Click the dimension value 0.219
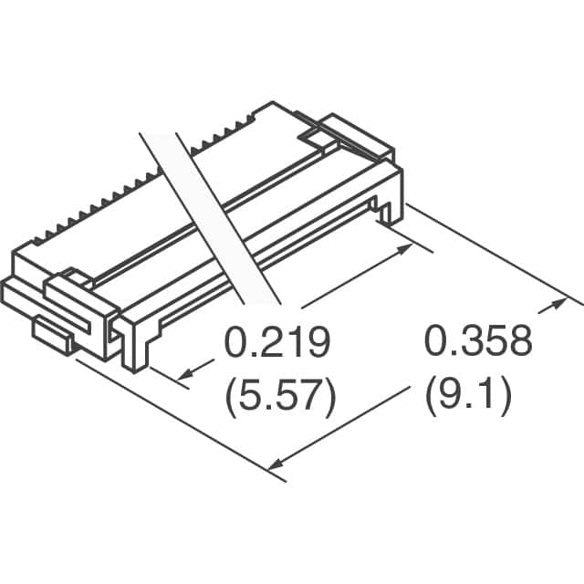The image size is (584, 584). click(x=276, y=345)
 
